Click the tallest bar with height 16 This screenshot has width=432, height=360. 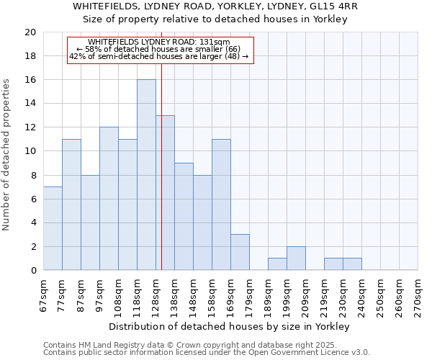click(x=146, y=174)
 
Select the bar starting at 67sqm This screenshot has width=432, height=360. click(x=53, y=228)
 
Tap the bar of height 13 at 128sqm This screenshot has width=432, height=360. click(x=165, y=192)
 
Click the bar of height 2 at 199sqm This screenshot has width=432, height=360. click(x=296, y=258)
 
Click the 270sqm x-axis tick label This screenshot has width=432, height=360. click(x=418, y=295)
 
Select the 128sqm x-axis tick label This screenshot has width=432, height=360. click(x=156, y=295)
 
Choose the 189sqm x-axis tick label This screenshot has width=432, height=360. click(x=268, y=295)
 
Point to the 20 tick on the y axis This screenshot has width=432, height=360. click(x=30, y=32)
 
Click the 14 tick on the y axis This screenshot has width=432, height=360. click(x=30, y=104)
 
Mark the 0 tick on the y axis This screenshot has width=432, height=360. click(x=32, y=270)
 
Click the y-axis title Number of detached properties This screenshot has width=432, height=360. click(x=7, y=155)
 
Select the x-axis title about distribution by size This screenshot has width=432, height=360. click(x=230, y=326)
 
